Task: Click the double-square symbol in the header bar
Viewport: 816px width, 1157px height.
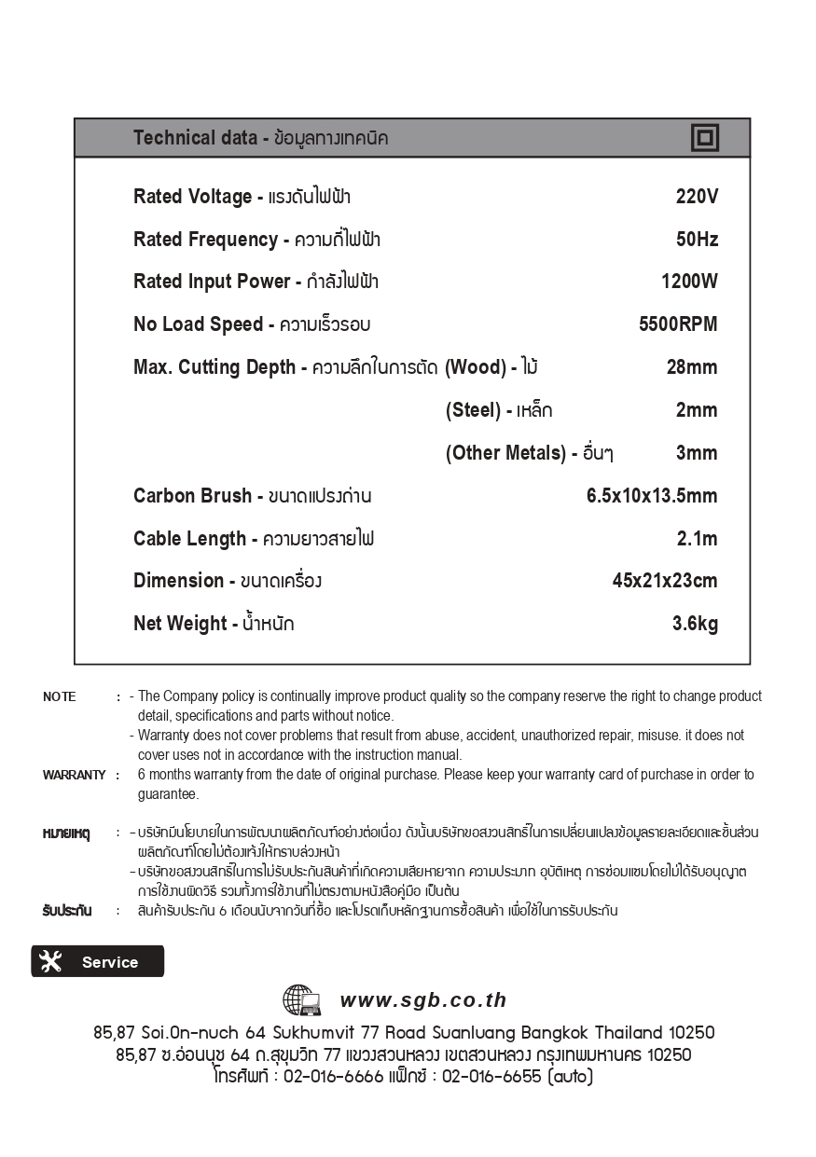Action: (x=705, y=138)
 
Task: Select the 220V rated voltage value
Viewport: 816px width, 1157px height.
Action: (x=697, y=197)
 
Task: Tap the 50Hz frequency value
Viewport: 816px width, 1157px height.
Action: (x=697, y=240)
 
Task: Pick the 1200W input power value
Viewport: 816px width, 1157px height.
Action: (x=689, y=282)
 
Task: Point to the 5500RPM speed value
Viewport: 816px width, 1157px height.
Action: (x=678, y=324)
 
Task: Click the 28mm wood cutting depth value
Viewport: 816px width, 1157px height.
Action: (x=692, y=367)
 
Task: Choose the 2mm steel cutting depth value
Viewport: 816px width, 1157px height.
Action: (x=697, y=410)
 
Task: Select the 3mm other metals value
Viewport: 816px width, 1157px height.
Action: (x=697, y=453)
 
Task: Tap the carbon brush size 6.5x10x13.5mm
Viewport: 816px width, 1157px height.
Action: (x=652, y=496)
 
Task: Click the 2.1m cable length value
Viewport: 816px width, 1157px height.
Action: (x=697, y=539)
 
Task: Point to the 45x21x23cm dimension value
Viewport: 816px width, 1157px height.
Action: (x=665, y=581)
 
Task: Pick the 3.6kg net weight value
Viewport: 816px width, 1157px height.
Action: (x=695, y=624)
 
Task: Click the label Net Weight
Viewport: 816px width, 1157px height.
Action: (x=180, y=624)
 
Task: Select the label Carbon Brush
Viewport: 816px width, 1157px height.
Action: (x=192, y=496)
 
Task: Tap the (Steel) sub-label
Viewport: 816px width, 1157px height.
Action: (x=473, y=410)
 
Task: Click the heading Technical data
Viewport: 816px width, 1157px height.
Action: (x=195, y=138)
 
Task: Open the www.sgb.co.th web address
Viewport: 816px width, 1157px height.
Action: (x=423, y=1000)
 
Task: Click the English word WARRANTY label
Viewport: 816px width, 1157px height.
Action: (x=74, y=775)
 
